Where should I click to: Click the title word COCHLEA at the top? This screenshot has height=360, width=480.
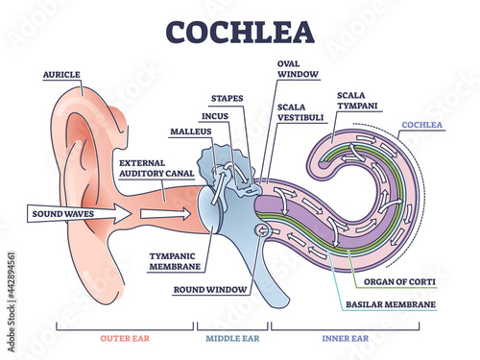tap(239, 32)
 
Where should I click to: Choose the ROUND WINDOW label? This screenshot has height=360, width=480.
tap(211, 287)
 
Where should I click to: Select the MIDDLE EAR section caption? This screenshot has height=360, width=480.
tap(232, 337)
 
